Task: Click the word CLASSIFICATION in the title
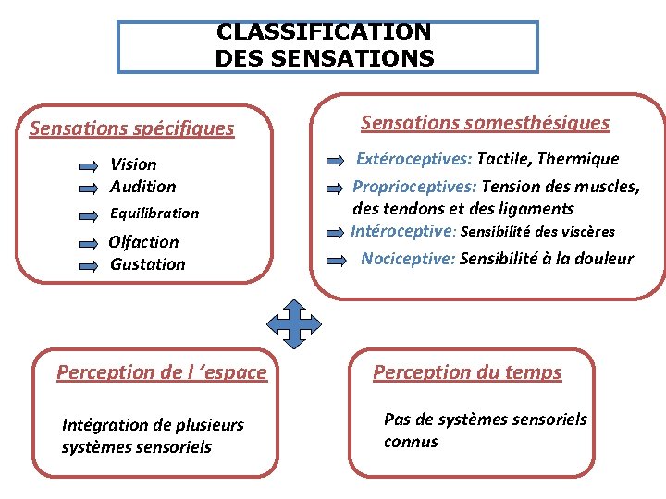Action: pyautogui.click(x=323, y=31)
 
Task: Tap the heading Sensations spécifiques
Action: pyautogui.click(x=131, y=128)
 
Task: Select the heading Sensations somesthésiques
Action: pyautogui.click(x=485, y=123)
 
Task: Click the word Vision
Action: pyautogui.click(x=133, y=164)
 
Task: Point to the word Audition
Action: pyautogui.click(x=142, y=187)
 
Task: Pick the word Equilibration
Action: pyautogui.click(x=154, y=213)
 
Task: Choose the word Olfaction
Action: pyautogui.click(x=143, y=242)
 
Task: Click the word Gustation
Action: pyautogui.click(x=147, y=264)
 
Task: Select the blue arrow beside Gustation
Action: pyautogui.click(x=88, y=265)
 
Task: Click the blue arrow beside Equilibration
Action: pyautogui.click(x=88, y=214)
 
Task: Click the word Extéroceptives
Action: pyautogui.click(x=413, y=160)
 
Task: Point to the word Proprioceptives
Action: pyautogui.click(x=414, y=187)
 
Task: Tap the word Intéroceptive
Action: pyautogui.click(x=403, y=231)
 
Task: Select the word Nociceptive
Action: pyautogui.click(x=407, y=259)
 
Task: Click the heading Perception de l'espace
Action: pyautogui.click(x=161, y=372)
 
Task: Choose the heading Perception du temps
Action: pyautogui.click(x=467, y=372)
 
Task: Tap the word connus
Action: pyautogui.click(x=411, y=442)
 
